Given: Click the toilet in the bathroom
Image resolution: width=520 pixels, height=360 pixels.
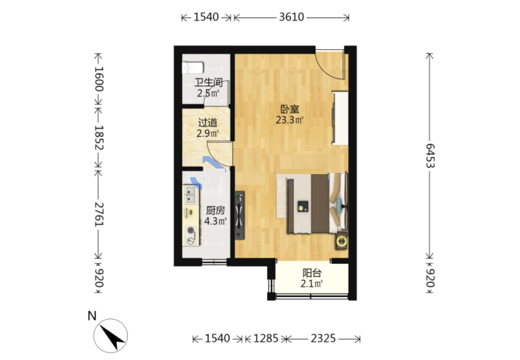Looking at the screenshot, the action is (193, 68).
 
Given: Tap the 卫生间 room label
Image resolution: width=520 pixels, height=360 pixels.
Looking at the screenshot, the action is (208, 82).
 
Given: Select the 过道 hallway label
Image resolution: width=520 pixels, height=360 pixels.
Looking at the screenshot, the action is (208, 123).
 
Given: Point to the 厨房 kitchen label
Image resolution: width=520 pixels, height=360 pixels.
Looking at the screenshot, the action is (215, 210).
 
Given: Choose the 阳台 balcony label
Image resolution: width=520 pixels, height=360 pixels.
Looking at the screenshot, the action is (312, 273).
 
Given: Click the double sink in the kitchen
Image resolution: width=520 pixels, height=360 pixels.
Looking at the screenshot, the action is (190, 195).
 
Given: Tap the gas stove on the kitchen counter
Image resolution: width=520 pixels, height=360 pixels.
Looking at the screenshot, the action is (191, 235).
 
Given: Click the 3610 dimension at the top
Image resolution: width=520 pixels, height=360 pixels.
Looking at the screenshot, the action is (291, 17).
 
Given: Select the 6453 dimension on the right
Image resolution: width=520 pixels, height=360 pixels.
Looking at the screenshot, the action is (430, 156).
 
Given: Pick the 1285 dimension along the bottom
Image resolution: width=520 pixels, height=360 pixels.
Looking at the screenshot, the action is (266, 339).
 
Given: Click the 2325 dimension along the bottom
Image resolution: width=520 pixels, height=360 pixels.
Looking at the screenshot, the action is (324, 339).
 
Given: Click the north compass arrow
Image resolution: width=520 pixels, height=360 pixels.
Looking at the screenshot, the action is (111, 336).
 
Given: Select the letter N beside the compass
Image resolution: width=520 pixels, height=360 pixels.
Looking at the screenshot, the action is (92, 316).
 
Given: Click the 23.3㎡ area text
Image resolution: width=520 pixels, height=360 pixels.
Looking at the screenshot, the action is (289, 120).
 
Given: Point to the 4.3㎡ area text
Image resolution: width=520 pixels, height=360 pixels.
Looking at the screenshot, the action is (215, 221).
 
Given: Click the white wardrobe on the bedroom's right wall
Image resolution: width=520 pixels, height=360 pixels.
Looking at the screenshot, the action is (340, 118).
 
